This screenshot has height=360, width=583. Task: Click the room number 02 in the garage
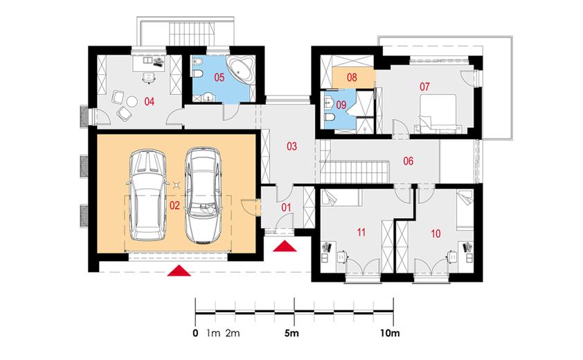[x=174, y=206]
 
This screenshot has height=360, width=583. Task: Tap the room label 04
[x=149, y=102]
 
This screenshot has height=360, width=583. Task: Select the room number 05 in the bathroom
[x=219, y=78]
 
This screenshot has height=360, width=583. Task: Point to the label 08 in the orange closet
[x=352, y=78]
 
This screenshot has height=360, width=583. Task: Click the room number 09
[x=341, y=105]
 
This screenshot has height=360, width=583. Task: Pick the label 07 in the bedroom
[x=424, y=87]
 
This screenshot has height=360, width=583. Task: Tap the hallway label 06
[x=409, y=161]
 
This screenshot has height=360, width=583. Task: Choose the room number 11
[x=361, y=233]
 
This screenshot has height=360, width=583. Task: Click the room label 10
[x=436, y=233]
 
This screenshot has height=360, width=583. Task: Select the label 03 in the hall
[x=292, y=146]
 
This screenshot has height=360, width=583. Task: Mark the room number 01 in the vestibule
[x=286, y=207]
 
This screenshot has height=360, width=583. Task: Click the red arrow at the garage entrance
[x=179, y=271]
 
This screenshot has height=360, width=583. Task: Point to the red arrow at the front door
[x=285, y=246]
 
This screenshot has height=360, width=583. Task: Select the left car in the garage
[x=147, y=195]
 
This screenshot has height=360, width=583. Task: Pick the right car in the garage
[x=203, y=196]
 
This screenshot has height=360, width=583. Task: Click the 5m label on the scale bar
[x=291, y=333]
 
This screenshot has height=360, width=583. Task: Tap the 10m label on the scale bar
[x=390, y=333]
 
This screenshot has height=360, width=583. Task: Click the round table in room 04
[x=132, y=102]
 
